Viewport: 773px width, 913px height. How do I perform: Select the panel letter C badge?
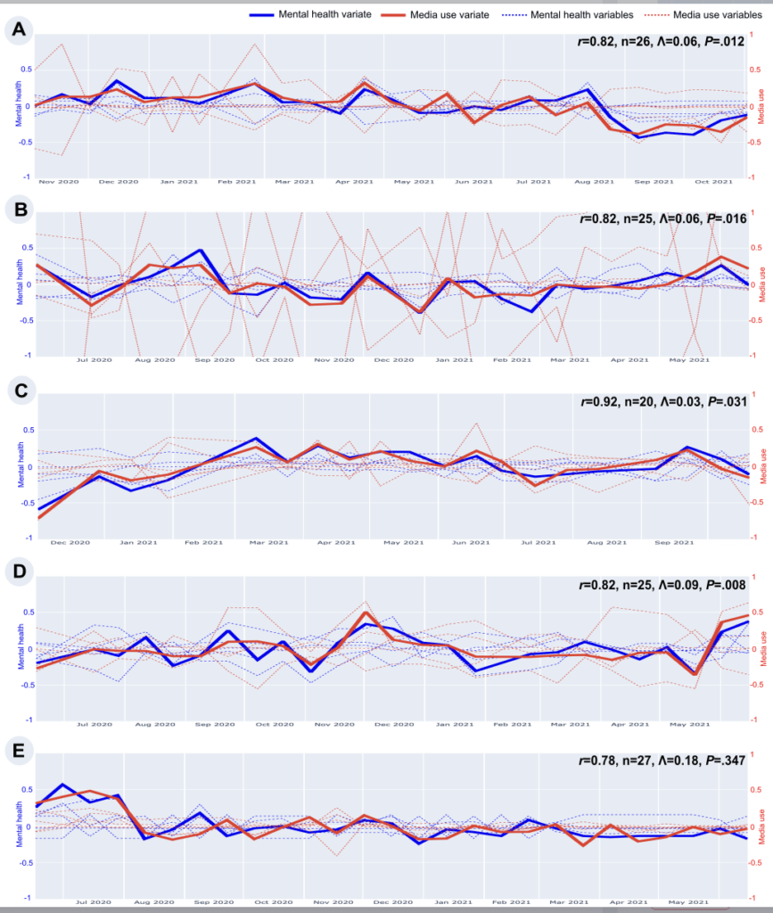(17, 391)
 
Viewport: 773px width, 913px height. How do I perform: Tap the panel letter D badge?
(17, 571)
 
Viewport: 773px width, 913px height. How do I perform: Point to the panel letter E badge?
(17, 751)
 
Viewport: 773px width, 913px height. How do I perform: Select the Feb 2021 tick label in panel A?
(238, 182)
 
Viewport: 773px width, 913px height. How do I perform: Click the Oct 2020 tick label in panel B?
(275, 360)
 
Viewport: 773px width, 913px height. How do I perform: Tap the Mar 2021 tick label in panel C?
(268, 541)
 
